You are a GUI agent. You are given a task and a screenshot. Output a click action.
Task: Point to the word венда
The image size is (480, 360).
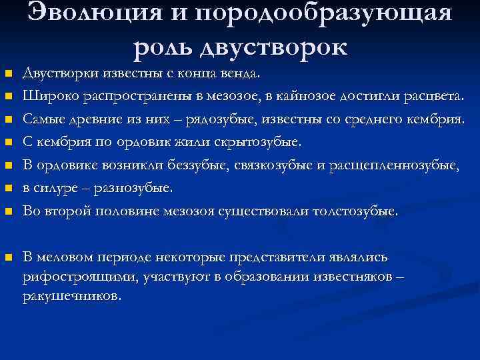click(x=246, y=72)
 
